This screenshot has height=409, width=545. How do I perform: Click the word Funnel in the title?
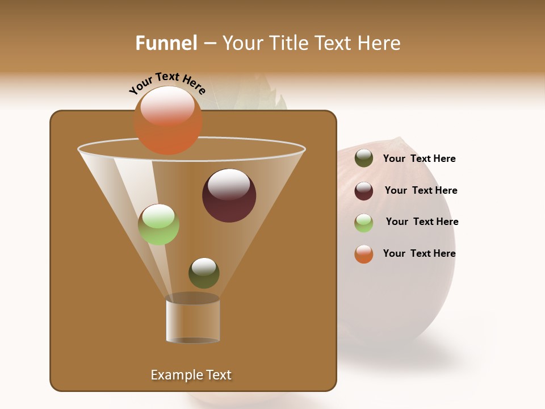[166, 43]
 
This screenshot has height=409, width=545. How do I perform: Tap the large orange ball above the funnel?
[167, 120]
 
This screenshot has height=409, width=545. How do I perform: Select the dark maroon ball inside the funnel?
[229, 195]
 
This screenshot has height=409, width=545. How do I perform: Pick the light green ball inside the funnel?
[158, 224]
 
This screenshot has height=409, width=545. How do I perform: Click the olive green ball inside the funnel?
[204, 273]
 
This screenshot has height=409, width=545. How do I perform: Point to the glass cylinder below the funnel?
[192, 319]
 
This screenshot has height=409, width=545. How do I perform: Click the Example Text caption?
[191, 375]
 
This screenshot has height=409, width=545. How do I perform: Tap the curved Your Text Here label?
[167, 82]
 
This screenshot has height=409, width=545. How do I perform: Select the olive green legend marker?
[364, 158]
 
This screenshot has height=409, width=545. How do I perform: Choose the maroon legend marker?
[364, 191]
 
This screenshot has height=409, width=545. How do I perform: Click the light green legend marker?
[364, 223]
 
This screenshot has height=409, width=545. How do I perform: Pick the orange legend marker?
[364, 254]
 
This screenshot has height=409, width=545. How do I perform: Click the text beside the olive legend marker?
[419, 158]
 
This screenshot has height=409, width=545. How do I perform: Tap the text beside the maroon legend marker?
[421, 190]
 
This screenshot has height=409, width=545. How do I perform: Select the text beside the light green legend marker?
[422, 222]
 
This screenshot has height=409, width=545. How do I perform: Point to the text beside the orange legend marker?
[419, 253]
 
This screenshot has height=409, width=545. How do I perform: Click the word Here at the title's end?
[380, 43]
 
